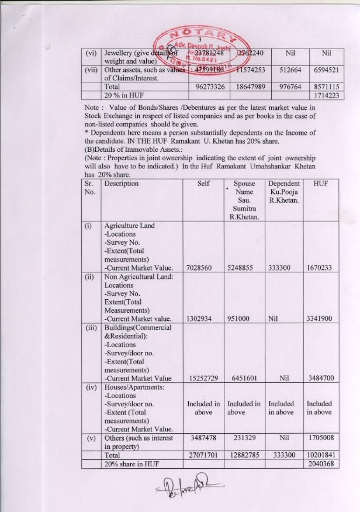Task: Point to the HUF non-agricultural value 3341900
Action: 320,319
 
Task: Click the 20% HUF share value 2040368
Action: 320,463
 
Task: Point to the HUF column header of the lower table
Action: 320,184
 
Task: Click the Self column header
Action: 203,184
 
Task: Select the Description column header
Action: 122,184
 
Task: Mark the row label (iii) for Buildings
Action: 91,328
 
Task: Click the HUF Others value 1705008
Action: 320,437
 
